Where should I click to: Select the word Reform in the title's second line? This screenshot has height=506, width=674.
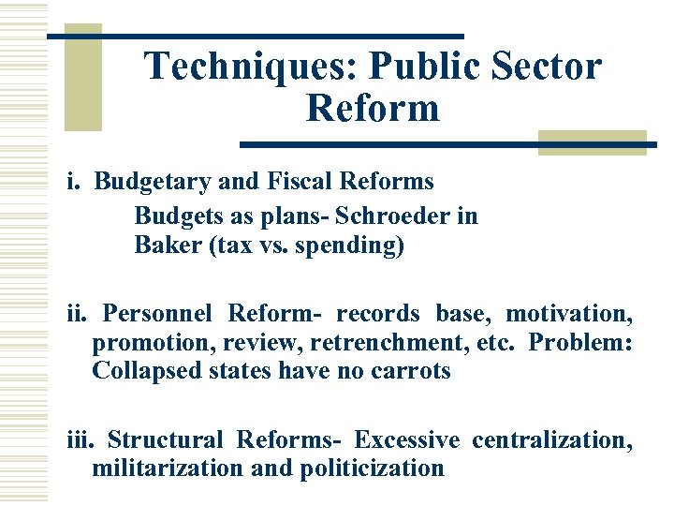372,108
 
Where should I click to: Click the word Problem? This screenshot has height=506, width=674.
580,342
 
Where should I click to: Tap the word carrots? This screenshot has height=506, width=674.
409,371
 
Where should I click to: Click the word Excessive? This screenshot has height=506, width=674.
407,439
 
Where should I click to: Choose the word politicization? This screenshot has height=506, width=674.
373,468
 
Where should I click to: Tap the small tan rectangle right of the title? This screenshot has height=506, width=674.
593,142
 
